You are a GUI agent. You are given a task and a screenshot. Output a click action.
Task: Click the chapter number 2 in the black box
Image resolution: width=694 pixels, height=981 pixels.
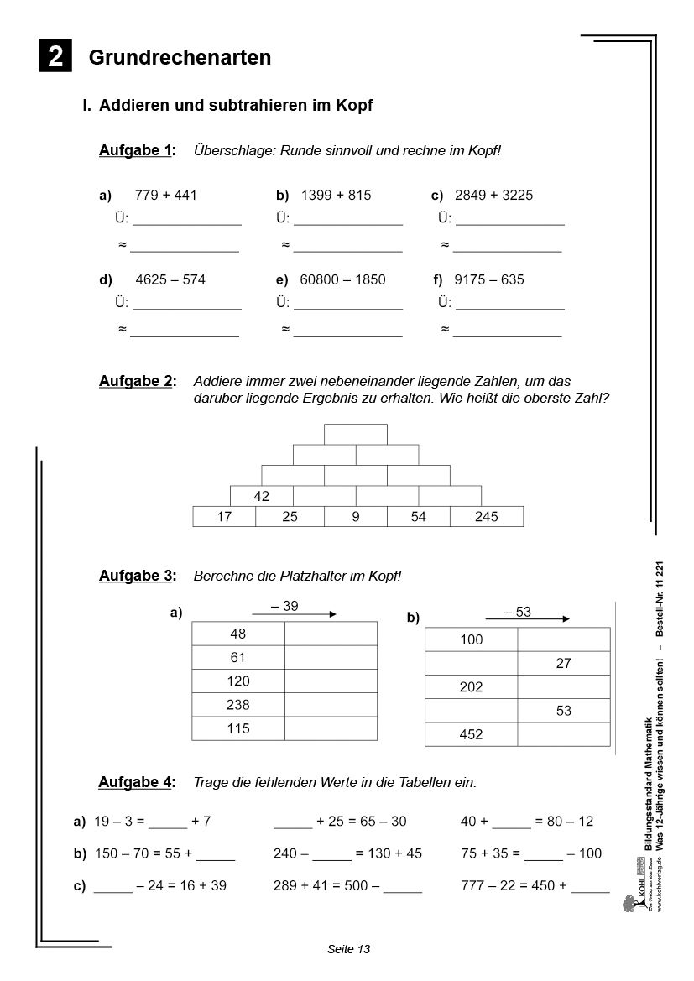point(55,56)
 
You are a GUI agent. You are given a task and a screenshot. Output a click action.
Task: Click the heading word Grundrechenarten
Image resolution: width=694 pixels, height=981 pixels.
point(180,57)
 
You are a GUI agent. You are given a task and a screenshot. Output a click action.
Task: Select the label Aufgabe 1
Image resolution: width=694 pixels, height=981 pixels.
point(137,150)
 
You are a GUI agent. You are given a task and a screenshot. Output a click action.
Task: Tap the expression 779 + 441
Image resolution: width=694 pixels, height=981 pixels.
point(165,195)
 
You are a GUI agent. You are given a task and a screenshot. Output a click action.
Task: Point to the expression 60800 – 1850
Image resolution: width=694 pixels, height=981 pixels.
point(342,279)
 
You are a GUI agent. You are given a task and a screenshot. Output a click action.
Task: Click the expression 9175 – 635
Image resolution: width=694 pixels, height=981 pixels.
point(488,279)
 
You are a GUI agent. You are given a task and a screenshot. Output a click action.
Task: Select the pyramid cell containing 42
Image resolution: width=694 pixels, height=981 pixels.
point(261,496)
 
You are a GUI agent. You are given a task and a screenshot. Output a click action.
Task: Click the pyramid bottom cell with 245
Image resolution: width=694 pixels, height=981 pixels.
point(486,517)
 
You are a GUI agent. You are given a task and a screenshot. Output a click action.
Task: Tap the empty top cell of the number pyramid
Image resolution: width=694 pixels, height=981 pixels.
point(356,434)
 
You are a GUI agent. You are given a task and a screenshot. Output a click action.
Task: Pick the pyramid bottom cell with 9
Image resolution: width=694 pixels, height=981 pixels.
point(356,517)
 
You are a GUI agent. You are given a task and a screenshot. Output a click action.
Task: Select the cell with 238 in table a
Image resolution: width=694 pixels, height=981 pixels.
point(238,705)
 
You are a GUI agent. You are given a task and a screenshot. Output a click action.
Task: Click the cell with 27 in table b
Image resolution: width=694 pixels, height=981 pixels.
point(563,663)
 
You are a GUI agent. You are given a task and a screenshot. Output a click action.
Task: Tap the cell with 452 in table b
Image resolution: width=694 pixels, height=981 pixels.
point(471,734)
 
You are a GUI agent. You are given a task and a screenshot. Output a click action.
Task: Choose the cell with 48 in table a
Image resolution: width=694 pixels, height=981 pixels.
point(238,634)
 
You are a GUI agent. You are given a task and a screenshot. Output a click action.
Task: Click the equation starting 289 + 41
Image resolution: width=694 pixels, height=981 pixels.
point(347,885)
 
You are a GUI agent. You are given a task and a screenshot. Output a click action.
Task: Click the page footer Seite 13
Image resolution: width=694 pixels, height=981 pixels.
point(348,949)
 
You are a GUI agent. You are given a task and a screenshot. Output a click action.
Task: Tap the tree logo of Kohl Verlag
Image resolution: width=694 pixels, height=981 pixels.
point(629,903)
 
